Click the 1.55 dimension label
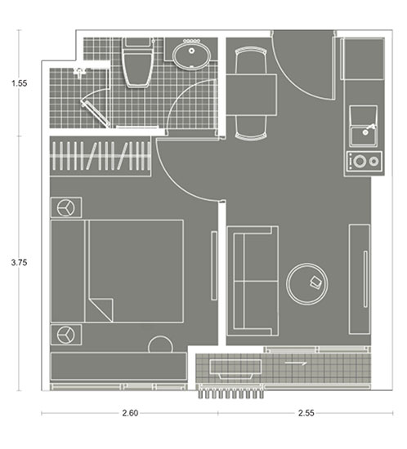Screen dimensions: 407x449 coord(19,83)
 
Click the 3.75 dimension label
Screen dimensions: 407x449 coord(19,262)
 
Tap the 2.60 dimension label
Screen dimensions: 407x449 coord(130,413)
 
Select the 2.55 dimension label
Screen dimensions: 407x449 coord(306,413)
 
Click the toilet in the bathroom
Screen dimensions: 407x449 coord(137,62)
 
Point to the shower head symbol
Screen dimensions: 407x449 coord(78,72)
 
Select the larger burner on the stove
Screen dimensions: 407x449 coord(360,161)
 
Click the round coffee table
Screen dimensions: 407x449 coord(307,284)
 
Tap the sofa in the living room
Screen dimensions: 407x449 coord(253,281)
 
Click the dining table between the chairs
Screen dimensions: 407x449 coord(252,95)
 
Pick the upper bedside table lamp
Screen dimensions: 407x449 coord(65,207)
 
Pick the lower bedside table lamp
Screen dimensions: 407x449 coord(65,335)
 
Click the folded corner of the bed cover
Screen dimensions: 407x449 coord(101,310)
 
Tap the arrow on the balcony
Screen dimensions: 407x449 coord(296,363)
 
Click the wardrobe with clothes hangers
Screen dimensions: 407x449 coord(101,156)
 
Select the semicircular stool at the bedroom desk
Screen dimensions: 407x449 coord(160,345)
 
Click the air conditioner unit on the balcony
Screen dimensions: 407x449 coord(235,369)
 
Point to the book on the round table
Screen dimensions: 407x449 coord(315,282)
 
